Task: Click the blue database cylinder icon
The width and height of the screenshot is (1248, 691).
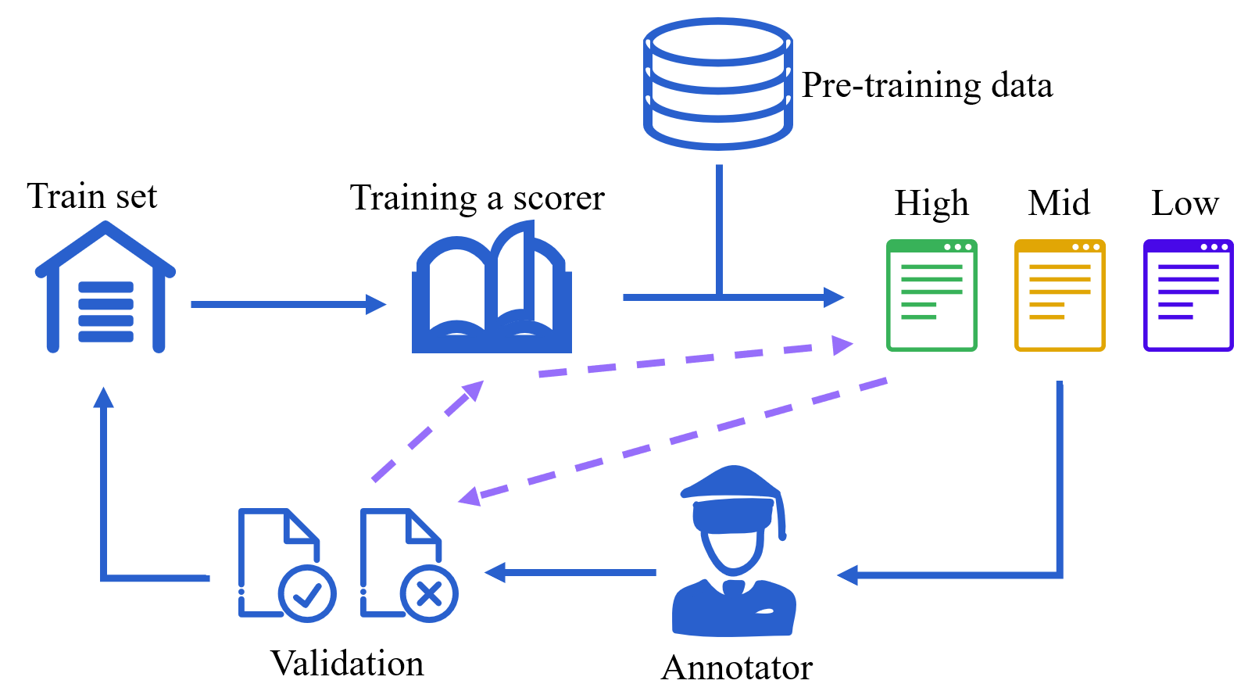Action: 717,84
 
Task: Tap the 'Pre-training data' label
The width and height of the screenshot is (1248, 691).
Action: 927,85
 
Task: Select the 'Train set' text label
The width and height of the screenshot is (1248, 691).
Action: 92,196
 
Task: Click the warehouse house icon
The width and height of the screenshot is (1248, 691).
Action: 105,286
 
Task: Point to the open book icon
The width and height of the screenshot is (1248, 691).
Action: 492,286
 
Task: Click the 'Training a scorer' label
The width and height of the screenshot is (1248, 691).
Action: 477,197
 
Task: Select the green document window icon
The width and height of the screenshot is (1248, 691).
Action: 932,295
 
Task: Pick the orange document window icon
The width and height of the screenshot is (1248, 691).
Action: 1060,295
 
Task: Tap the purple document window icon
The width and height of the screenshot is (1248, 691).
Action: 1188,295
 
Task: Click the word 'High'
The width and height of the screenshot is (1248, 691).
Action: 932,202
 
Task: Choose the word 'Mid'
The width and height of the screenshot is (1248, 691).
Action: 1059,202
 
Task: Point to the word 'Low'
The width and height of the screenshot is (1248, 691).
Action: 1185,202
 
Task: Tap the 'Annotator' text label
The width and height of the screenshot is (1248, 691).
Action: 737,667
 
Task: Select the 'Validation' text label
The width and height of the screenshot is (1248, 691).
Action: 347,663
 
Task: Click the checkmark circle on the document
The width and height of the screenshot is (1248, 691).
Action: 307,593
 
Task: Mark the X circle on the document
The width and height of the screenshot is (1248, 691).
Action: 429,593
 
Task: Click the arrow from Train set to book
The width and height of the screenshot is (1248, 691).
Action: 288,304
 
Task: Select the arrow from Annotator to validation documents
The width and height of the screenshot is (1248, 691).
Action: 570,572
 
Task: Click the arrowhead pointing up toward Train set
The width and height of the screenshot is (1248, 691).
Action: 104,398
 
